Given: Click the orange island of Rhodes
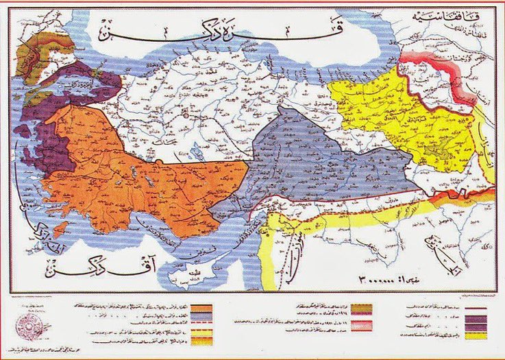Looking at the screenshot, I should (60, 227).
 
